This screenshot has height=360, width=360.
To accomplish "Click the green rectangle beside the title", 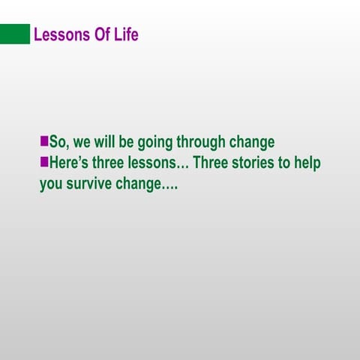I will tap(14, 34).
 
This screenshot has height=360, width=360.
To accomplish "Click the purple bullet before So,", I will tap(43, 141).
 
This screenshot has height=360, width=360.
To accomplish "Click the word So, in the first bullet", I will tap(58, 142).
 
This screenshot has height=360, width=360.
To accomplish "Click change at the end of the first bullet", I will tap(253, 143).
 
